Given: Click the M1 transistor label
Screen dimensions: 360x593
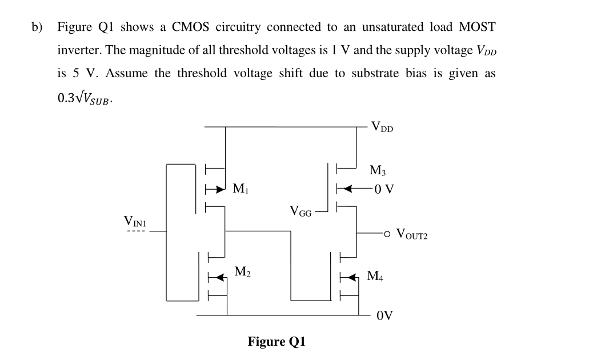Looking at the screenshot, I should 241,189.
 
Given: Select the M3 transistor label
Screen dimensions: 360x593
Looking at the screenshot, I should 378,170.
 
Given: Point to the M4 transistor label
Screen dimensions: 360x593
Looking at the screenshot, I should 375,277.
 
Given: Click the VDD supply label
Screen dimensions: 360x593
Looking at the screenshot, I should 382,126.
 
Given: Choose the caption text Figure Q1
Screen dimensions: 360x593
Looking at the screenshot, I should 277,342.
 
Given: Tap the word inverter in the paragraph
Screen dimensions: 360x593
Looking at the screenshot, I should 79,50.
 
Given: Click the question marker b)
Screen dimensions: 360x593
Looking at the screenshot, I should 37,27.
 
